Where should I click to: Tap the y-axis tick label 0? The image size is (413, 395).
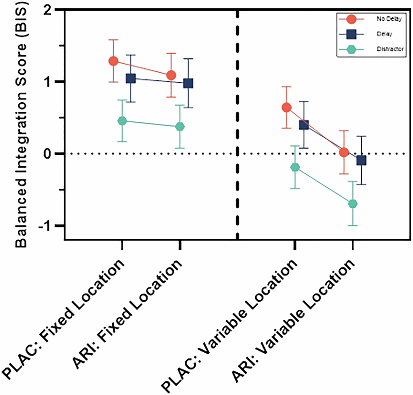55,154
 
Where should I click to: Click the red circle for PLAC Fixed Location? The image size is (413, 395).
113,61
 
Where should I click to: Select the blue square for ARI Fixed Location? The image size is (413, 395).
188,83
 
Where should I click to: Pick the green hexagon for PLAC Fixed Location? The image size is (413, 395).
122,121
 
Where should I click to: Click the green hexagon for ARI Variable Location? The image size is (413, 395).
353,204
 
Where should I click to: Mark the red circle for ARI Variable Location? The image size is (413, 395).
344,152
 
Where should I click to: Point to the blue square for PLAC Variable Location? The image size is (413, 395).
303,125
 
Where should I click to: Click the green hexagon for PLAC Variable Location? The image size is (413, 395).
295,167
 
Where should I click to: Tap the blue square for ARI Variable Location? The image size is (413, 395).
361,161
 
